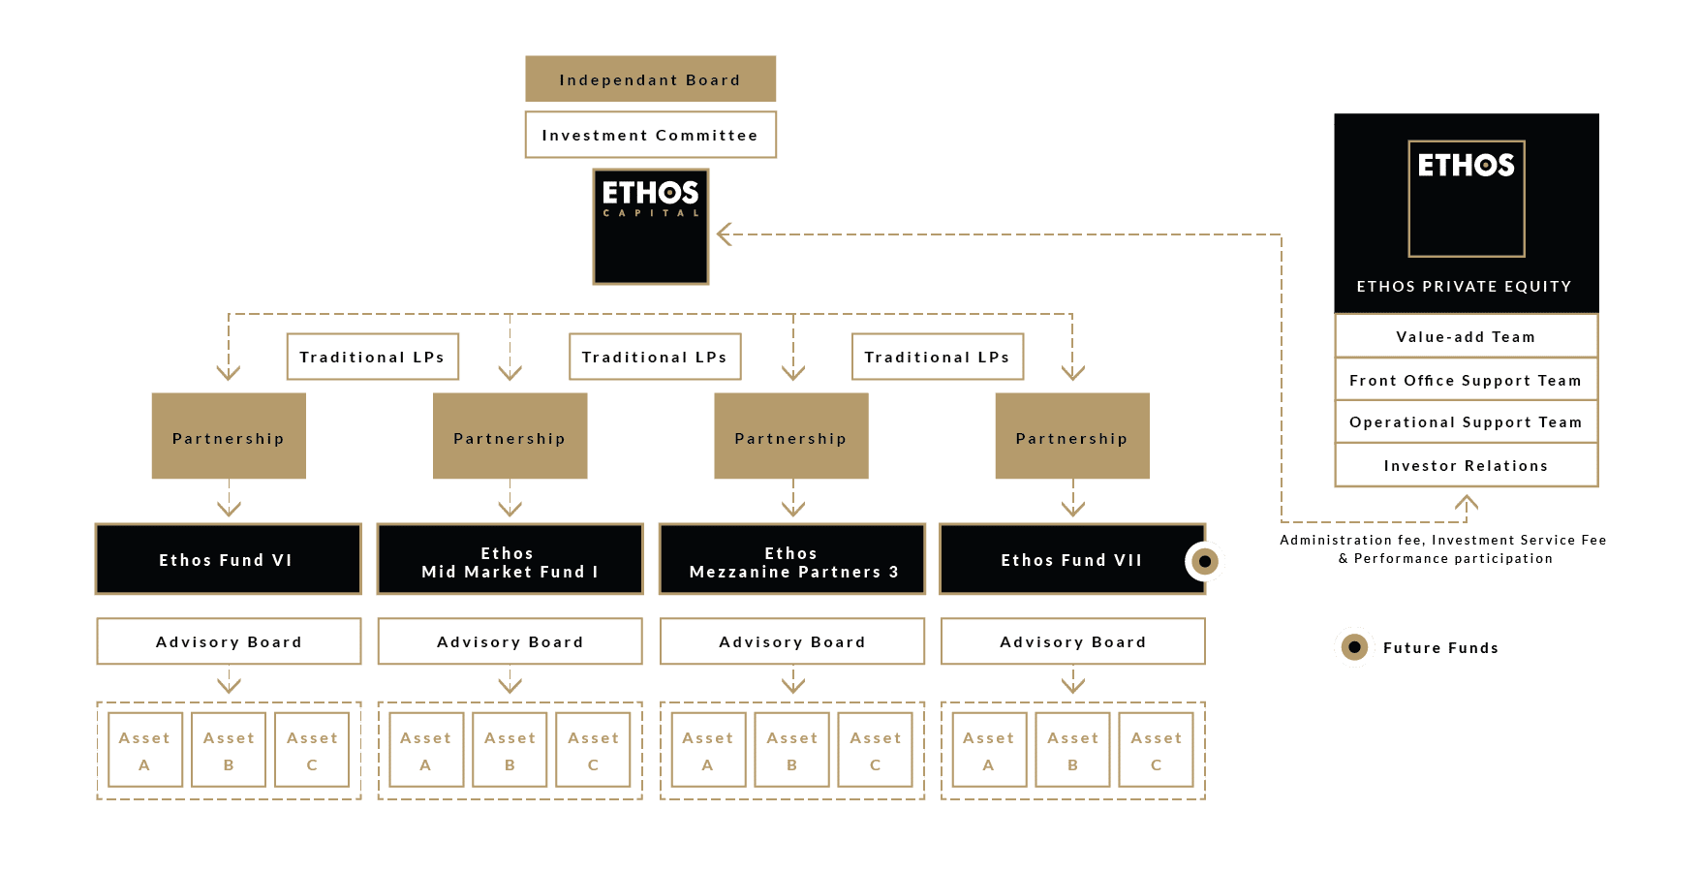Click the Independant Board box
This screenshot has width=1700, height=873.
(x=650, y=79)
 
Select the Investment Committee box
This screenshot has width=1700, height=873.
(x=650, y=135)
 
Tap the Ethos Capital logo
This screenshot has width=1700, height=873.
(x=650, y=227)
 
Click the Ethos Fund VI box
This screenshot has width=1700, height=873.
(x=228, y=560)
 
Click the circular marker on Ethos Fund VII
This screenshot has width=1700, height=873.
(x=1205, y=561)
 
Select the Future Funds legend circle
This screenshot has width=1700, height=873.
(x=1354, y=647)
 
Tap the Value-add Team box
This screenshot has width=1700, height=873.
(x=1466, y=336)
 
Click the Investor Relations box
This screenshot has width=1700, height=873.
(x=1466, y=465)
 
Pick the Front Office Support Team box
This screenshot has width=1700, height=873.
(x=1466, y=380)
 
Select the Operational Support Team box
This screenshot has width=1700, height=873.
(x=1466, y=422)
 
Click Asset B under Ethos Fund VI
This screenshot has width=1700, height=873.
(x=229, y=750)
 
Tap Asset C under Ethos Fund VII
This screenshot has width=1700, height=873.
(x=1156, y=750)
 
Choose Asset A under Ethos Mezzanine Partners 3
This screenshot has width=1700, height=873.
(x=708, y=750)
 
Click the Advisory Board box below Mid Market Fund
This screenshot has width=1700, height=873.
(x=510, y=641)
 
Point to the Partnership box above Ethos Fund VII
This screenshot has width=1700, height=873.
(x=1071, y=437)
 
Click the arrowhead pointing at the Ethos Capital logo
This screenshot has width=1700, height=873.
(x=724, y=234)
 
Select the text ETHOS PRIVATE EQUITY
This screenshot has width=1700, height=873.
(x=1464, y=287)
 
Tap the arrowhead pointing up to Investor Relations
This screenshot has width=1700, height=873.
(x=1466, y=502)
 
